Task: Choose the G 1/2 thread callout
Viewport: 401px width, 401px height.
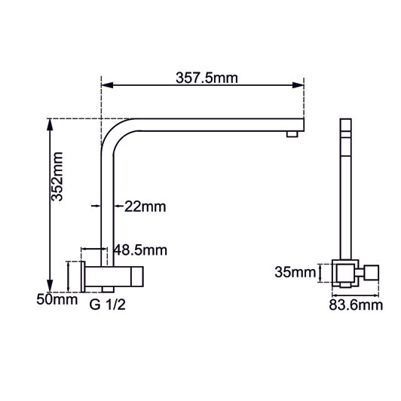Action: click(109, 305)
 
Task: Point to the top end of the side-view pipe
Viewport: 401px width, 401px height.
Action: click(346, 125)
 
